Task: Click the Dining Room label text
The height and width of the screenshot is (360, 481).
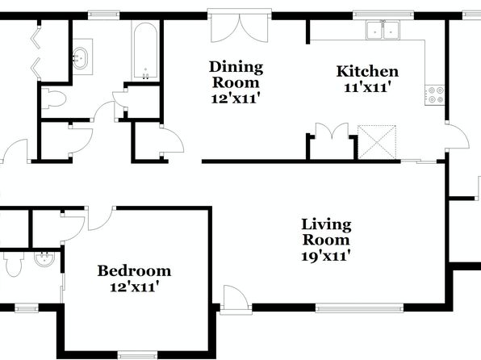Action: tap(236, 74)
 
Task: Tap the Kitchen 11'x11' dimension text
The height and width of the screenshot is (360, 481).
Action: tap(367, 88)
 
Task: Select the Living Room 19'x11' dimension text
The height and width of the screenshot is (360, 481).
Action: tap(326, 256)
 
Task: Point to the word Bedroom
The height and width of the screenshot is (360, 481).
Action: tap(134, 270)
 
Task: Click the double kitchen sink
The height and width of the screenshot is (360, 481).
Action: tap(383, 30)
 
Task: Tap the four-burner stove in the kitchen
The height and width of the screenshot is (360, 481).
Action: tap(434, 95)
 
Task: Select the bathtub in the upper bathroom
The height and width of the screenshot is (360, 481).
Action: tap(145, 51)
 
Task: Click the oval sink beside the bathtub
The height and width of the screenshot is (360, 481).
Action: tap(81, 58)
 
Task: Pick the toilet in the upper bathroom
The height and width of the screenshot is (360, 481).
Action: tap(54, 98)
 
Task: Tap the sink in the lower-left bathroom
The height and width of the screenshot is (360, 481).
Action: tap(44, 259)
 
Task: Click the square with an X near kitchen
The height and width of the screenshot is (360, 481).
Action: tap(377, 142)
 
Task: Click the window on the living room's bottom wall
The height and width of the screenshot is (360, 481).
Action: tap(359, 308)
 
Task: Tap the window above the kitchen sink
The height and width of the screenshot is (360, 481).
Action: tap(383, 15)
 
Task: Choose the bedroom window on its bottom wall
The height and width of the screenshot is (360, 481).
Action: tap(137, 355)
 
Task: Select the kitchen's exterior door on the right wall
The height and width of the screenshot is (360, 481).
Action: tap(458, 136)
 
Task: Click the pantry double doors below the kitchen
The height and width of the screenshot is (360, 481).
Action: tap(333, 131)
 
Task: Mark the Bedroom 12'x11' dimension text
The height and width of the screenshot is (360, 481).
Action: tap(134, 287)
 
